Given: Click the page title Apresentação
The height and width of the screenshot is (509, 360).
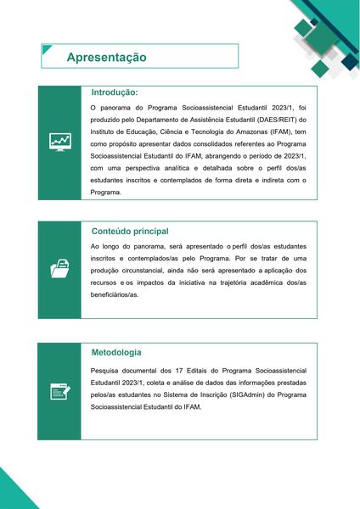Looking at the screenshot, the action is coord(107,57).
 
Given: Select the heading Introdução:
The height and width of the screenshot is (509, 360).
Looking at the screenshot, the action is coord(115,92).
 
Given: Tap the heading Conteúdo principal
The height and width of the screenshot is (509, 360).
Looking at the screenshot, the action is coord(130,231).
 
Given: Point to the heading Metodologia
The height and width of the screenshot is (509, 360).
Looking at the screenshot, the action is coord(116,352).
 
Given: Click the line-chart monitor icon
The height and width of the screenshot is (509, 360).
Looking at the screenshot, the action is coord(59,142).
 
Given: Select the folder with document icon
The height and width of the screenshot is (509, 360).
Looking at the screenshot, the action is coord(59,270).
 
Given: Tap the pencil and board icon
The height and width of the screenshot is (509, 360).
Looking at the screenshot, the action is coord(59,391).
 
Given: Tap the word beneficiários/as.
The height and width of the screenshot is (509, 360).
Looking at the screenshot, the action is coord(114,294).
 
